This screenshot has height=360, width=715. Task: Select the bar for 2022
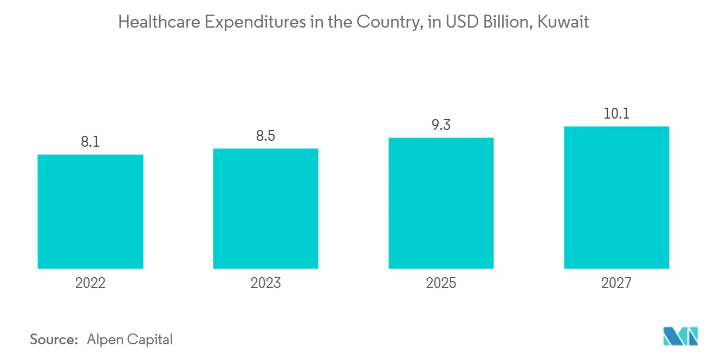(x=90, y=212)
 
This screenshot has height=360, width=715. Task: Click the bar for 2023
(x=265, y=208)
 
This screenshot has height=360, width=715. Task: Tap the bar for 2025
(x=441, y=203)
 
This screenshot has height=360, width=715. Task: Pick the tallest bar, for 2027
(x=616, y=198)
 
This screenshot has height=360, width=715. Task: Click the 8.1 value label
(x=90, y=142)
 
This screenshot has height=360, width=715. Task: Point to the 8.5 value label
(x=265, y=135)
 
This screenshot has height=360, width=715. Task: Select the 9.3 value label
(x=441, y=125)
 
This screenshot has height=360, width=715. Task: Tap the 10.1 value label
(x=616, y=114)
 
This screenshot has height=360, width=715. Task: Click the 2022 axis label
(x=90, y=283)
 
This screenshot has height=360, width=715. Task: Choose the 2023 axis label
(x=265, y=283)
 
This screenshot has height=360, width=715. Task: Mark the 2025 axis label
(x=441, y=283)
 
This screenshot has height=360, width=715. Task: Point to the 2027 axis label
(x=616, y=283)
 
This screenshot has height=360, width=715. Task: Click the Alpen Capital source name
(x=129, y=340)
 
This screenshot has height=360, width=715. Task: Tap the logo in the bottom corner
(x=681, y=336)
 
